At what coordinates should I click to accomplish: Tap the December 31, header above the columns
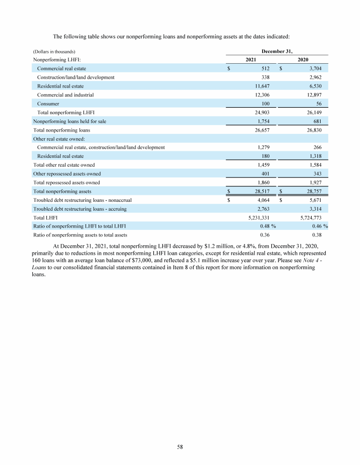pos(277,51)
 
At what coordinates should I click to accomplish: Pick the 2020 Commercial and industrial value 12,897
pos(311,95)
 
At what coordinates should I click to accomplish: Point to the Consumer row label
pos(48,103)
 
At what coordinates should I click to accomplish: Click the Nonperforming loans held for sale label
pos(69,121)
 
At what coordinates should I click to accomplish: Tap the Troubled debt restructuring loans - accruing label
pos(80,209)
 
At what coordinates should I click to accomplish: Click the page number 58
pos(180,447)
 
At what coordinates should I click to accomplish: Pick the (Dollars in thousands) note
pos(54,51)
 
